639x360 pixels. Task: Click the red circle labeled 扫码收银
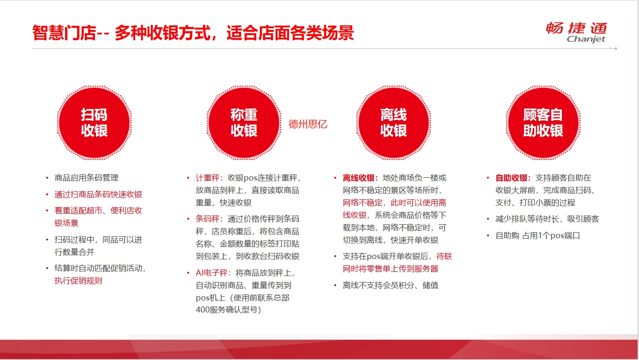(x=94, y=123)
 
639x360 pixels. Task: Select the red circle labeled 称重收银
(x=244, y=123)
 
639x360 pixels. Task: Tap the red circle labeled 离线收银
(x=393, y=123)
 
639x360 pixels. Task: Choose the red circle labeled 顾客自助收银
(x=543, y=123)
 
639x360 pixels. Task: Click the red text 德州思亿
(x=308, y=124)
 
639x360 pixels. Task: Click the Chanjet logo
(x=577, y=32)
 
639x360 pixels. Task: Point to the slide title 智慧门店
(x=64, y=33)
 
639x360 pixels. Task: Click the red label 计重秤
(x=207, y=178)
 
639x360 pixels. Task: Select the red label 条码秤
(x=207, y=219)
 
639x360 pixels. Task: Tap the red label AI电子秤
(x=211, y=273)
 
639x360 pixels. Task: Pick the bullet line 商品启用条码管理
(x=86, y=178)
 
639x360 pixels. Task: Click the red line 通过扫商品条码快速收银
(x=98, y=195)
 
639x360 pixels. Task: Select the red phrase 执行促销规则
(x=78, y=281)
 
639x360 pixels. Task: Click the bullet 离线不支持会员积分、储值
(x=391, y=285)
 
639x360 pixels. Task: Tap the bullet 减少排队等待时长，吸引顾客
(x=547, y=219)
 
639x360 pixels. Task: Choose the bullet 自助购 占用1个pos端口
(x=538, y=236)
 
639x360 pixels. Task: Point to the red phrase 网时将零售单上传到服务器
(x=391, y=269)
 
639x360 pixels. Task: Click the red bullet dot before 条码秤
(x=188, y=219)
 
